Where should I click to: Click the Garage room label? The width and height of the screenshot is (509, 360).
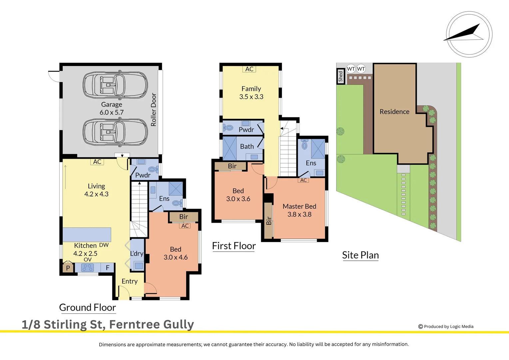pyautogui.click(x=112, y=105)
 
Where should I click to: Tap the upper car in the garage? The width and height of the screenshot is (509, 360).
pyautogui.click(x=115, y=85)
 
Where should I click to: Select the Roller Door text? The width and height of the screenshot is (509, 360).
pyautogui.click(x=154, y=110)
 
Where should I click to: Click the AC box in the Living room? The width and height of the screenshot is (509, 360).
pyautogui.click(x=97, y=162)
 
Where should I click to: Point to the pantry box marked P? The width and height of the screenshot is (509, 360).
pyautogui.click(x=68, y=268)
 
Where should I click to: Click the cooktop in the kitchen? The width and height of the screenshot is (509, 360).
pyautogui.click(x=88, y=268)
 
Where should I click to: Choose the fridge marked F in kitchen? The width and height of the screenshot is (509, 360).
pyautogui.click(x=108, y=268)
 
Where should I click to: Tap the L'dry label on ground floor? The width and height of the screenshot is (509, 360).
pyautogui.click(x=137, y=254)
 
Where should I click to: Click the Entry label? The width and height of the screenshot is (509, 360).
pyautogui.click(x=130, y=281)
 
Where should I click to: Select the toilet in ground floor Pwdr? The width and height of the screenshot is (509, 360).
pyautogui.click(x=153, y=169)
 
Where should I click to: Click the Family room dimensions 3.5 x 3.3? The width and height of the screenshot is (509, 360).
pyautogui.click(x=251, y=97)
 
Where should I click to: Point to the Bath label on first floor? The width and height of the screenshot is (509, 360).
pyautogui.click(x=247, y=147)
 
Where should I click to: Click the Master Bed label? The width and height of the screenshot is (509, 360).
pyautogui.click(x=299, y=207)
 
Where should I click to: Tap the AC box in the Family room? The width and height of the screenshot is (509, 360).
pyautogui.click(x=249, y=69)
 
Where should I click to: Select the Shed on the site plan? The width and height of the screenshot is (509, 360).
pyautogui.click(x=340, y=76)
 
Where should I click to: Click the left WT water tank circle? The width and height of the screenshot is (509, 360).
pyautogui.click(x=351, y=69)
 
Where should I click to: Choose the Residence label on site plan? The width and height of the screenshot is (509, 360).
pyautogui.click(x=394, y=112)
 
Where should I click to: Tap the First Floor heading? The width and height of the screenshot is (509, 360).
pyautogui.click(x=234, y=246)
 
